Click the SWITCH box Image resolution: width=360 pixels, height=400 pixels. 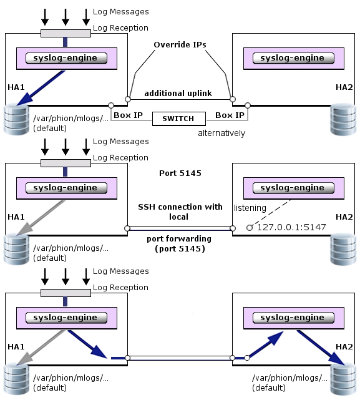(x=179, y=119)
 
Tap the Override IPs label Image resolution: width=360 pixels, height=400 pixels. (x=180, y=45)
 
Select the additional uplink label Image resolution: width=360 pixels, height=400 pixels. (x=178, y=94)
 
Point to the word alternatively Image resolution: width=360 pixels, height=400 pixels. (x=221, y=133)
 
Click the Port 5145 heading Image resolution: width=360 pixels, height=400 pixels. (x=180, y=173)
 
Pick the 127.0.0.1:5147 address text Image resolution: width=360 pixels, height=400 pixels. (x=291, y=227)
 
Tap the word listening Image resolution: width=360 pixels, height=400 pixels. (x=250, y=208)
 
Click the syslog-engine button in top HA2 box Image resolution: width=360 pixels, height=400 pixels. (x=293, y=58)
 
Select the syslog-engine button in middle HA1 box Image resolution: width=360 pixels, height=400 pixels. (x=66, y=188)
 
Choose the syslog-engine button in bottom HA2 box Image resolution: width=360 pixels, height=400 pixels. (x=293, y=318)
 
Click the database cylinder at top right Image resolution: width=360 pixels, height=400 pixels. (x=343, y=119)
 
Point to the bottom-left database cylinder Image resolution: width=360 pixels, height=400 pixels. (x=17, y=379)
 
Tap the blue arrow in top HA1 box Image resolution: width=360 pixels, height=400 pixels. (x=41, y=88)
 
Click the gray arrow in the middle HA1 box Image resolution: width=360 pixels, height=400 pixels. (x=41, y=218)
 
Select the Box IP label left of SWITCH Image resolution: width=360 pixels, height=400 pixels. (x=128, y=115)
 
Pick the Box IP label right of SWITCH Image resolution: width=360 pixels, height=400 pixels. (x=230, y=115)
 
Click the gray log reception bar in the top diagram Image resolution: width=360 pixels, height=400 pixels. (x=66, y=34)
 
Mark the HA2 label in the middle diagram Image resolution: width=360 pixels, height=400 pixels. (x=344, y=217)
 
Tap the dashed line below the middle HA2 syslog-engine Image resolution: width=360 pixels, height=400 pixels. (x=270, y=213)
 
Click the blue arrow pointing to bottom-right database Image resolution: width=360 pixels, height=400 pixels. (x=321, y=348)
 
